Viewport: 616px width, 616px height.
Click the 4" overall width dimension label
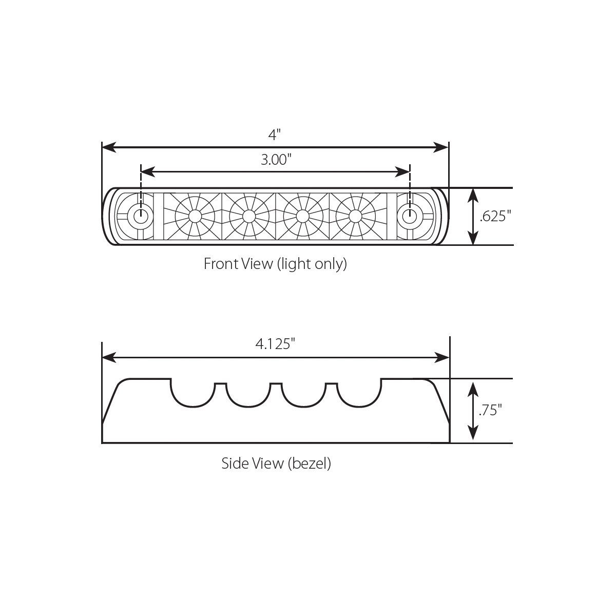coord(275,134)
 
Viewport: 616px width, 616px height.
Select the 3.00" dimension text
coord(276,160)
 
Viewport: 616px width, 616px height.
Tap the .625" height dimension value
coord(495,217)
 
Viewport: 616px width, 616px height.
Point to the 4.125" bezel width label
coord(275,343)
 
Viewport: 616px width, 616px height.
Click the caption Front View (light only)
coord(275,264)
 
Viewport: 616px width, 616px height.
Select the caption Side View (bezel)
coord(276,464)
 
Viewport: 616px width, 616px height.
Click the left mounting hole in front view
coord(140,216)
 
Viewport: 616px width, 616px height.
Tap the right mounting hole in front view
coord(409,216)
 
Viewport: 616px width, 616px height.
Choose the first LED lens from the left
coord(195,216)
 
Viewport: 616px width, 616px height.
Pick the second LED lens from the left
coord(248,216)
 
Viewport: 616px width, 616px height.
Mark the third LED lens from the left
coord(302,216)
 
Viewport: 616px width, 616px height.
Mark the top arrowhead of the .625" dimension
coord(473,194)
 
